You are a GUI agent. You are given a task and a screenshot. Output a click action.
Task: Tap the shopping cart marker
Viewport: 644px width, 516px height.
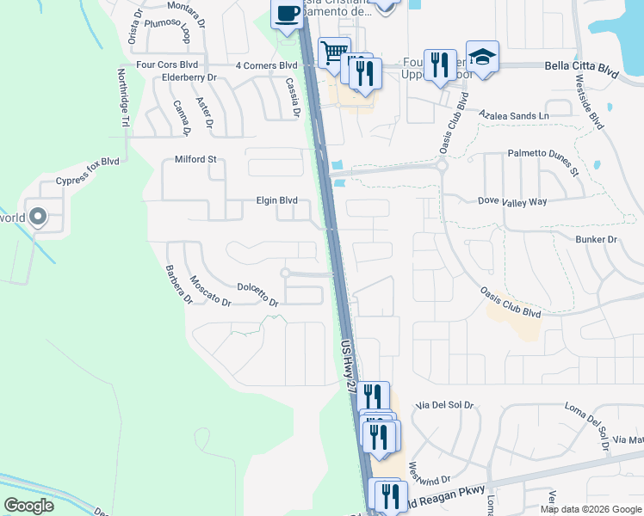coord(333,53)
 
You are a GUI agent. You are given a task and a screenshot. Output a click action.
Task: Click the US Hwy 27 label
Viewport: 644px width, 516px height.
coord(348,366)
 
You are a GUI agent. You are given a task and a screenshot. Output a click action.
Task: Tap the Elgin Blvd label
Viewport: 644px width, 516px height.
coord(276,200)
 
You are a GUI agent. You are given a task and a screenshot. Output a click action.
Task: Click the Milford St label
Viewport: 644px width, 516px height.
coord(195,159)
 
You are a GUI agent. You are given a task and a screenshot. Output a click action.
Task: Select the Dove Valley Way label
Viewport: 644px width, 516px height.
coord(512,201)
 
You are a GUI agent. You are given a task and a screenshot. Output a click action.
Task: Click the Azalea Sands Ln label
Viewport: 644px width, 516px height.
coord(514,114)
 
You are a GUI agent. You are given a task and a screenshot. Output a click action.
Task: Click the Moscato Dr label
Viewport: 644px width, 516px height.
coord(210,291)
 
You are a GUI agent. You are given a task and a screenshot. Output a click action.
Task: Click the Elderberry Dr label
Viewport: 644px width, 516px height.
coord(189,77)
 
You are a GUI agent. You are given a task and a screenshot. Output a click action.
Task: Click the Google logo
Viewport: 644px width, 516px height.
coord(28,506)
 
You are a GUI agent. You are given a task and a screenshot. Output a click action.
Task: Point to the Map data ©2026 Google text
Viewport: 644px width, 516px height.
coord(591,509)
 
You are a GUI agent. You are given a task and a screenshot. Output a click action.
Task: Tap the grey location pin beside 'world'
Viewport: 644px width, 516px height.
coord(37,217)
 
